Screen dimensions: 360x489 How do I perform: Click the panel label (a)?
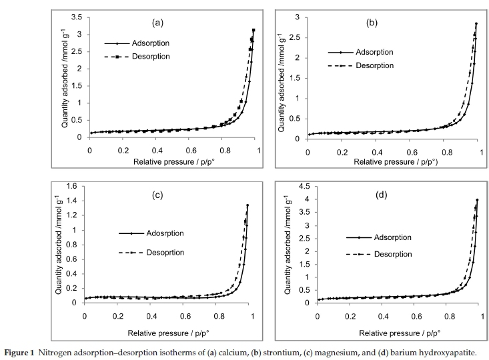(x=158, y=23)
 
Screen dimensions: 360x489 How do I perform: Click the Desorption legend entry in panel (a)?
(x=151, y=57)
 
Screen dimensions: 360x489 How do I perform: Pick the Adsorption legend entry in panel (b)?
(x=375, y=52)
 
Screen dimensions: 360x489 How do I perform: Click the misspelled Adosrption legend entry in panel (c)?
(x=161, y=233)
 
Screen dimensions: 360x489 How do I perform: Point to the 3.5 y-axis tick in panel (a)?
(x=76, y=17)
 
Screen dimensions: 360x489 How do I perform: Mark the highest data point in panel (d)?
(x=477, y=200)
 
